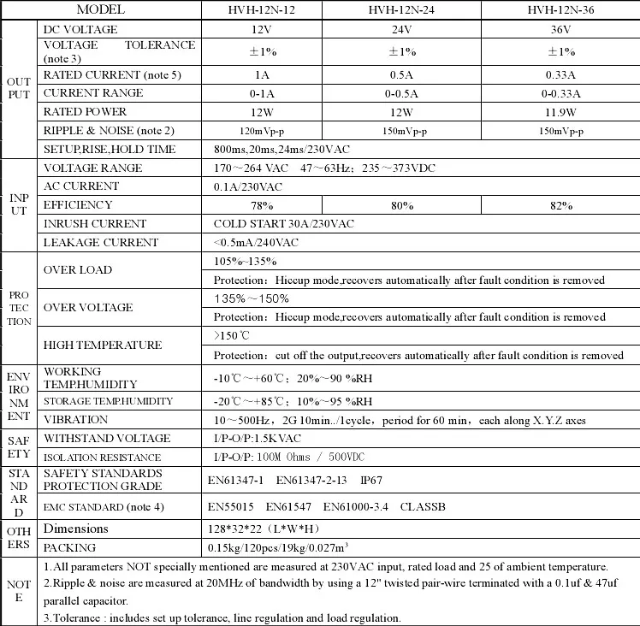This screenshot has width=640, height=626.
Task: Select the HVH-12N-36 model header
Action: [x=560, y=10]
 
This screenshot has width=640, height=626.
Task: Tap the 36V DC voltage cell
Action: [x=560, y=29]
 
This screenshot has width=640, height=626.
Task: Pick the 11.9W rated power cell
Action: [x=560, y=112]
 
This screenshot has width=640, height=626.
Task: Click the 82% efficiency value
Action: [x=560, y=205]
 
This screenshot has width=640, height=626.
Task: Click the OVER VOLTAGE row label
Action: [x=88, y=308]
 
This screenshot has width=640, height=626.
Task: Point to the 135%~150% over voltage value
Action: [x=252, y=298]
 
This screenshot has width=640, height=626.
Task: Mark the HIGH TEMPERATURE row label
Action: [x=103, y=345]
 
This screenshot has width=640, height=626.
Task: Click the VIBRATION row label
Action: [x=76, y=420]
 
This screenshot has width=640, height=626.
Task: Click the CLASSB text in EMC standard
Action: [x=423, y=506]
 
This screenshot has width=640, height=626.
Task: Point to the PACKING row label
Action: [x=70, y=548]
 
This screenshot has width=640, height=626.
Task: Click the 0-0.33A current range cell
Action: [x=560, y=94]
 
